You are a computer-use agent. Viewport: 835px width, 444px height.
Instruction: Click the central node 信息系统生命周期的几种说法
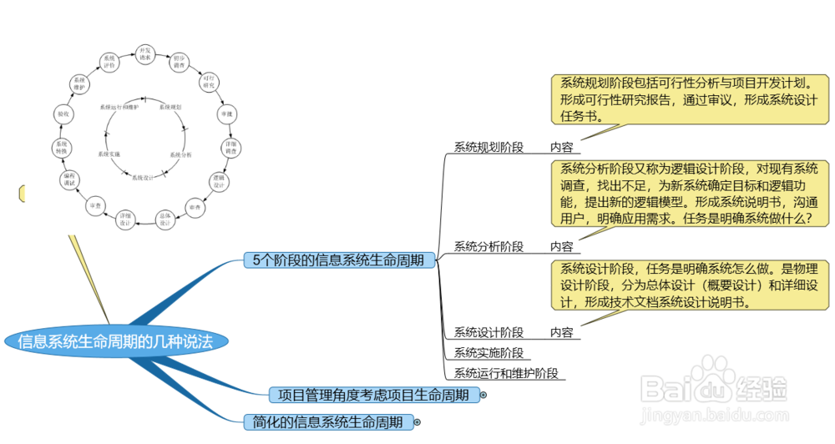click(x=115, y=341)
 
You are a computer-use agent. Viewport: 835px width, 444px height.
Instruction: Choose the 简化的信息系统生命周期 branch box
click(x=328, y=422)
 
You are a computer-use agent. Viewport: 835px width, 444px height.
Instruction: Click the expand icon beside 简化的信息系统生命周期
click(x=417, y=423)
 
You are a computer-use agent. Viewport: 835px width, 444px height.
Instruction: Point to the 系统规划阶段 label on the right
click(x=488, y=147)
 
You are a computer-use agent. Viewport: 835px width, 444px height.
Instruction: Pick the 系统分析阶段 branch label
click(x=488, y=246)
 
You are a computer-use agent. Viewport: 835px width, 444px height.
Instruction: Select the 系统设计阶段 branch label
click(x=488, y=332)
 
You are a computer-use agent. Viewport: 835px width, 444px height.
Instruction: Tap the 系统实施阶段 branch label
click(x=488, y=352)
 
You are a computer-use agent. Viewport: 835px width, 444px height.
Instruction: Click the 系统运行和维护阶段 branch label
click(x=505, y=373)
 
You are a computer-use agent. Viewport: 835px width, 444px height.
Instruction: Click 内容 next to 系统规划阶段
click(x=561, y=147)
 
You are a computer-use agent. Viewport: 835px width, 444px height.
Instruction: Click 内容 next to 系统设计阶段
click(x=561, y=332)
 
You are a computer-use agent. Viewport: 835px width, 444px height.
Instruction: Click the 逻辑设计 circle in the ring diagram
click(x=219, y=182)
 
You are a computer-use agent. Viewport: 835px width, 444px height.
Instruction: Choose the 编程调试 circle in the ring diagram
click(x=70, y=180)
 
